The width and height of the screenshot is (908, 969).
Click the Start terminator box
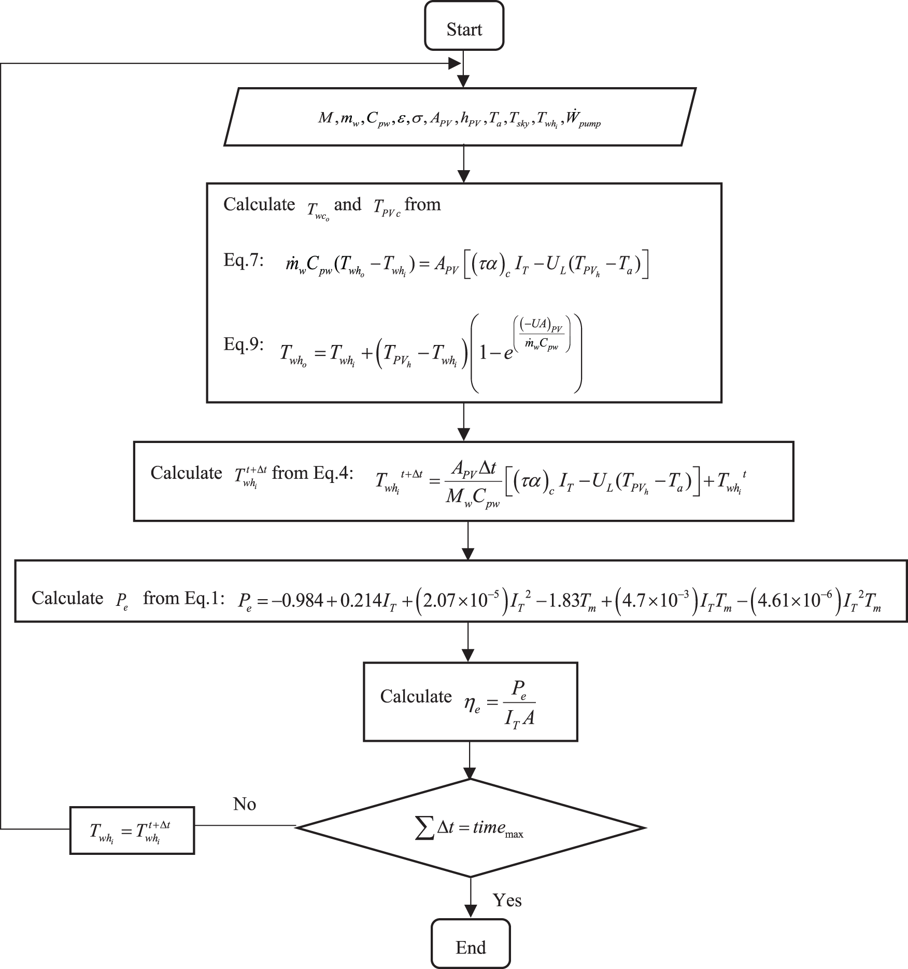pyautogui.click(x=464, y=26)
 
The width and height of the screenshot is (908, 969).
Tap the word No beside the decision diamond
pyautogui.click(x=245, y=804)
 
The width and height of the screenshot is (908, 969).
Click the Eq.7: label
pyautogui.click(x=244, y=260)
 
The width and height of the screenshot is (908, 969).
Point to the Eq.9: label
pyautogui.click(x=244, y=344)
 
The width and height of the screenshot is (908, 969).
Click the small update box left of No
pyautogui.click(x=132, y=830)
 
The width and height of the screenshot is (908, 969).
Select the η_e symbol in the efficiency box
pyautogui.click(x=472, y=706)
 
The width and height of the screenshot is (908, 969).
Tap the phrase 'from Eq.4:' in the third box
pyautogui.click(x=312, y=473)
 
